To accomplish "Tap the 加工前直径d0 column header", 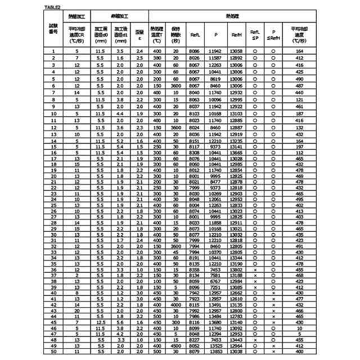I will (101, 34).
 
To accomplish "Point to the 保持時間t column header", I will (176, 34).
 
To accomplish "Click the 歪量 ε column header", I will (139, 34).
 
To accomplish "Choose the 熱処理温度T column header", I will (157, 34).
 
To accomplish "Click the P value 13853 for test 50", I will (215, 352).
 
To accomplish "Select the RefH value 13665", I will (237, 152).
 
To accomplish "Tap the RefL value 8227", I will (195, 340).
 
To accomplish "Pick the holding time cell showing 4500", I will (176, 346).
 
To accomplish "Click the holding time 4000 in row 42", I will (176, 305).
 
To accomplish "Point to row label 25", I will (54, 205).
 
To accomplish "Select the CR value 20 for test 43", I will (78, 310).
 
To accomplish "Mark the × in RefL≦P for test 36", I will (255, 269).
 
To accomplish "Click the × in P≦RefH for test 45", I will (273, 322).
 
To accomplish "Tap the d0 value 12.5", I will (101, 322).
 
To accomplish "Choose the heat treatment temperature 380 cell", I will (157, 58).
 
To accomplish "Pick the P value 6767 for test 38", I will (215, 281).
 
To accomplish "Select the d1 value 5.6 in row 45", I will (120, 322).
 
